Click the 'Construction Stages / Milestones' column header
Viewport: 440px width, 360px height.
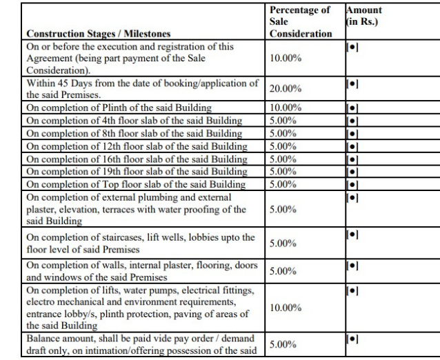click(99, 33)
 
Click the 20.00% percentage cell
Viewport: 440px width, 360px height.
click(284, 90)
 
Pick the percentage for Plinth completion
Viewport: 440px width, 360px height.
click(284, 108)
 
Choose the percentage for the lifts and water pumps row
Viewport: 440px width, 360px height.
click(284, 307)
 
